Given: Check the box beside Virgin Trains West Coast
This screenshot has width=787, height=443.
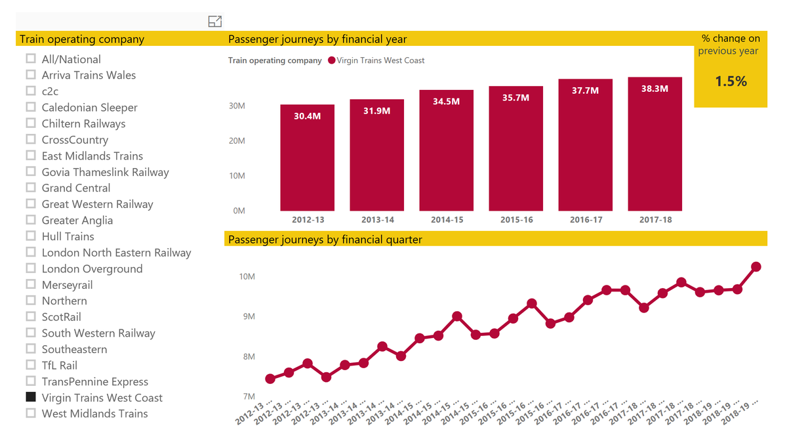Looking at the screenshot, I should click(30, 397).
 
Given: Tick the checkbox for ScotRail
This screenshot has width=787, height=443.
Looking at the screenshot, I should click(30, 316).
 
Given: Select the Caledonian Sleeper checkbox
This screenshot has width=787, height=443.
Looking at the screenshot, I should click(30, 107).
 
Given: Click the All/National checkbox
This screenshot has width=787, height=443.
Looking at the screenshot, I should click(30, 58).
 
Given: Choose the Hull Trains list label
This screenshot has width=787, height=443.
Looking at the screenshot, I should click(68, 236).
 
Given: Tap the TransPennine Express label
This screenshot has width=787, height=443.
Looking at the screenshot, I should click(94, 381).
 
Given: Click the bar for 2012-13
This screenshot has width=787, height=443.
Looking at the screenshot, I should click(307, 158).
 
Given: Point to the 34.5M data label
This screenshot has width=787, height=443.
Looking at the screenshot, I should click(446, 102).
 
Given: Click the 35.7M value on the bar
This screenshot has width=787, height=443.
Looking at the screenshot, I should click(515, 98).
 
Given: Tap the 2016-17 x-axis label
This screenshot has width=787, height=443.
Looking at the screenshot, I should click(585, 220).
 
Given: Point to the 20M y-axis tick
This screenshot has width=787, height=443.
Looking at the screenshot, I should click(236, 140).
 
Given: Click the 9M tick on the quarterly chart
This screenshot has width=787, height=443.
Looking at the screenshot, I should click(247, 316).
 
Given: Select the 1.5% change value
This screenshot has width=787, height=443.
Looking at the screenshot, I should click(731, 81).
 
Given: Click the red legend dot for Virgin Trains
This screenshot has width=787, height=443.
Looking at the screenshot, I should click(331, 60).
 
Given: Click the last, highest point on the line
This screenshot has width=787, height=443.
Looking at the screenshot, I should click(756, 266).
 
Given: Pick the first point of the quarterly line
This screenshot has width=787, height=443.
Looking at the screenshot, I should click(270, 379).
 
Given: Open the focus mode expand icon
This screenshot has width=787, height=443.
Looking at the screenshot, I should click(214, 22).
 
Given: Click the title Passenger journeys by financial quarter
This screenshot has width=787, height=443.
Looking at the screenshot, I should click(325, 240).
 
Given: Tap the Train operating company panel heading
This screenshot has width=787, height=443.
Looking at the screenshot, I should click(82, 39).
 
